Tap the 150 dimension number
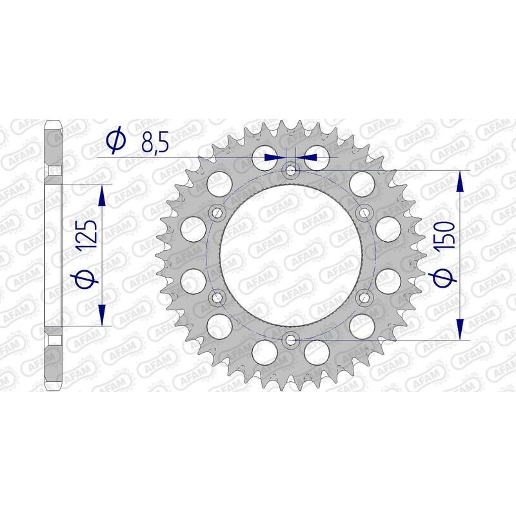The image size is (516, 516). coord(445,237)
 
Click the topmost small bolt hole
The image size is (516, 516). coord(290,170)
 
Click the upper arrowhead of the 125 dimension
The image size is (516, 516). coord(102,193)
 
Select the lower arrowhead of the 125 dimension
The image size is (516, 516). coord(102,317)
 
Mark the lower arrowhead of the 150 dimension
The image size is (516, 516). coord(460,329)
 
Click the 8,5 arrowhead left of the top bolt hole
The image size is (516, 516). coord(280,157)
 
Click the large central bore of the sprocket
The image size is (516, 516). coord(290,254)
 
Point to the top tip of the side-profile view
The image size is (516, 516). coord(54,122)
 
